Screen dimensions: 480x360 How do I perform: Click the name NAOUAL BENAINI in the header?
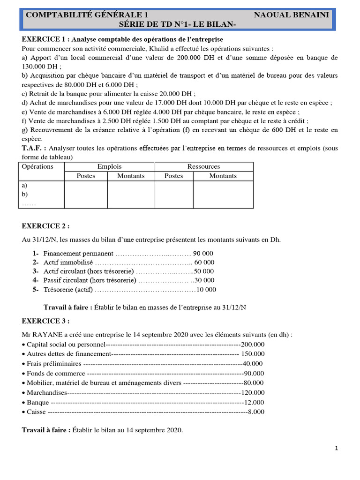tap(291, 15)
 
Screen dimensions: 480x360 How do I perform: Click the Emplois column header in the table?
tap(109, 166)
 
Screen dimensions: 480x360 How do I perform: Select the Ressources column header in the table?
tap(203, 166)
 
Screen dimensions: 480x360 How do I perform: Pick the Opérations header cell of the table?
tap(37, 166)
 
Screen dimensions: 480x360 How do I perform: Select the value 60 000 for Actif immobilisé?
tap(204, 262)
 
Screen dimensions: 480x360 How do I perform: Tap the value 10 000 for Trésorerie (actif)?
tap(206, 290)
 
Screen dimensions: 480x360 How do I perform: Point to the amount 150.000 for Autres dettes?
tap(254, 354)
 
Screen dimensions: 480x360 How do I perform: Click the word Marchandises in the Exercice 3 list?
tap(47, 392)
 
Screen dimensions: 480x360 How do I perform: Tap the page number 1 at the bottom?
tap(337, 449)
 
